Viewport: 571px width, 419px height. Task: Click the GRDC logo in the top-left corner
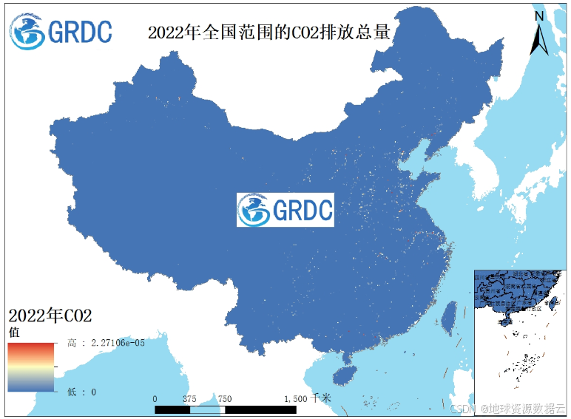[x=61, y=31]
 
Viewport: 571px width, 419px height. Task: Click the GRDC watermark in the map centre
[x=285, y=210]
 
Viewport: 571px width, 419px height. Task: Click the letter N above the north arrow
[x=540, y=16]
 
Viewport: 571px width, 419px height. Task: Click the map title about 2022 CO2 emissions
[x=268, y=33]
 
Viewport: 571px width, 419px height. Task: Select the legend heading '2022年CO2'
[x=50, y=316]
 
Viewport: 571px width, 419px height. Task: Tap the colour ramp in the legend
[x=31, y=367]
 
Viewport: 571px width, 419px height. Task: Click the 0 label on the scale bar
[x=155, y=398]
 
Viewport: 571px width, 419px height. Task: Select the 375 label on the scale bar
[x=189, y=398]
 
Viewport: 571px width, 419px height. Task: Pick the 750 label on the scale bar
[x=224, y=398]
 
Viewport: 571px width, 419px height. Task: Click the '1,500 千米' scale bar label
[x=308, y=398]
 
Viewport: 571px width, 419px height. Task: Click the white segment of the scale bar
[x=208, y=408]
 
